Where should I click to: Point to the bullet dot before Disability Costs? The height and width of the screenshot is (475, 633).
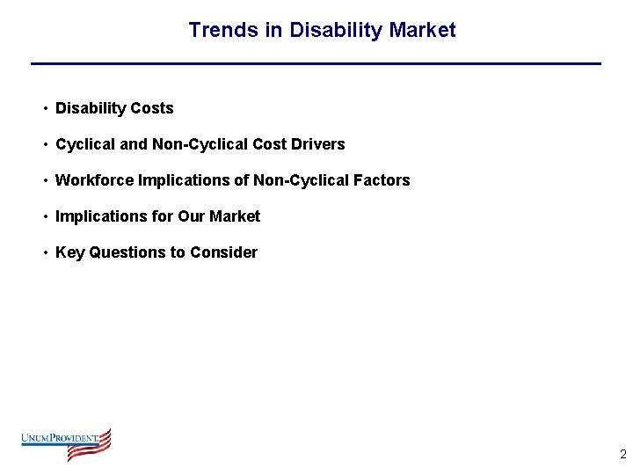(x=43, y=108)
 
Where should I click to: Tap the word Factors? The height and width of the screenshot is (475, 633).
(x=382, y=180)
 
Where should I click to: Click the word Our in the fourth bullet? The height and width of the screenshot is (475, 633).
(x=190, y=216)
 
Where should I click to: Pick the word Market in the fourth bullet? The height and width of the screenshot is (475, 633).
(x=235, y=216)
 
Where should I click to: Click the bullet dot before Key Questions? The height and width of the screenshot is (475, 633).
(x=43, y=252)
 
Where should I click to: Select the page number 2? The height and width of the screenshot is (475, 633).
(x=622, y=455)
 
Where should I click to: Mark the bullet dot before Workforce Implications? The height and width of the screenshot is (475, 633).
(x=43, y=180)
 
